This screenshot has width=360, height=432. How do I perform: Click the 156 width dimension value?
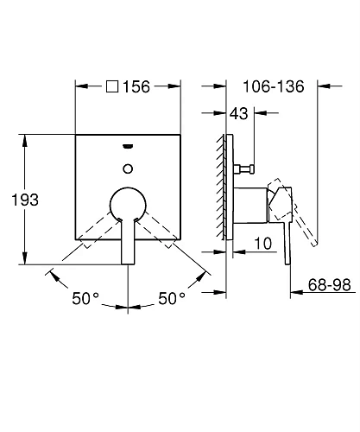136,86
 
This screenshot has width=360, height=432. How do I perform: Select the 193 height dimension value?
25,200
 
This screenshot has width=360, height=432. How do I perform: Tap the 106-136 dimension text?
274,86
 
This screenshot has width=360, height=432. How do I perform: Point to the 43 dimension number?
239,113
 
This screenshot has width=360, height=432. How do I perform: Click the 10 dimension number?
263,244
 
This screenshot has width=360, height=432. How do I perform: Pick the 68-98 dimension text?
330,285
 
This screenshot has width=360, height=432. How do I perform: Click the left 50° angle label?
85,298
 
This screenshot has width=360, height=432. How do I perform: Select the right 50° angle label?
172,298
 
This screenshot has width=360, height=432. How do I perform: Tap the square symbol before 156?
112,86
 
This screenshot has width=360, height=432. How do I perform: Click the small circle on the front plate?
128,168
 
